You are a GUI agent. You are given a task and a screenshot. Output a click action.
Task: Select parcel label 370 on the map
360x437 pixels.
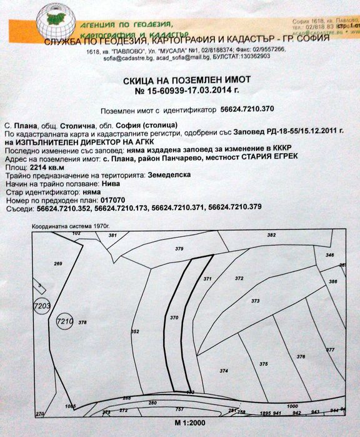point(174,318)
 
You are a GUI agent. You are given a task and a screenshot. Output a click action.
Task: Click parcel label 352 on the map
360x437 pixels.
point(134,331)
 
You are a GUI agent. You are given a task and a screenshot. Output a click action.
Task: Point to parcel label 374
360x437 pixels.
point(224,371)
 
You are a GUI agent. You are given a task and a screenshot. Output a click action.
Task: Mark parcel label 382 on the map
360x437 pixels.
point(271,235)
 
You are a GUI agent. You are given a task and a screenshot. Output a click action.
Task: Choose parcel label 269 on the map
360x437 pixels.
point(58,264)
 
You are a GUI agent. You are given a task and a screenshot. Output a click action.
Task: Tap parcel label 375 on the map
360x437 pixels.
point(263,364)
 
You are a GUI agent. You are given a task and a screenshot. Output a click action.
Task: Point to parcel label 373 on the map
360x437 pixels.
point(255,301)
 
